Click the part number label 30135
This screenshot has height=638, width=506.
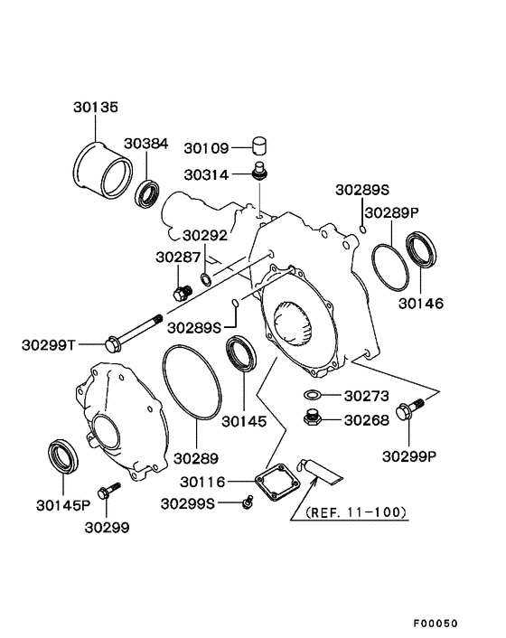(95, 106)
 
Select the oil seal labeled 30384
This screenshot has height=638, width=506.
(148, 193)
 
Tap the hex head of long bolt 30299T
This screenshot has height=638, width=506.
(115, 342)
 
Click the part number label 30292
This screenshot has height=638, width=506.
(204, 235)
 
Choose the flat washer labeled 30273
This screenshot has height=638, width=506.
(312, 395)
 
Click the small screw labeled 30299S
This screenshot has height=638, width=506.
(246, 502)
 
